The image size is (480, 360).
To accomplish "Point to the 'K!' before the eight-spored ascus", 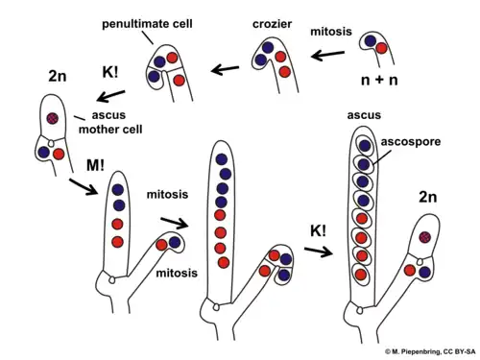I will (x=319, y=231).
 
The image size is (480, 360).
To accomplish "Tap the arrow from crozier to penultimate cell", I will (x=225, y=69).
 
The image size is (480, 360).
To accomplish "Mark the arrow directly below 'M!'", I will (x=81, y=185).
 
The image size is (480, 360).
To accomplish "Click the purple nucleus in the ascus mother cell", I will (x=54, y=118).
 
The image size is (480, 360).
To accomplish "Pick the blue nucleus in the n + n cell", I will (x=369, y=42).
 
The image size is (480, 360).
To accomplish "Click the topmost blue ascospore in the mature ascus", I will (x=361, y=146).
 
